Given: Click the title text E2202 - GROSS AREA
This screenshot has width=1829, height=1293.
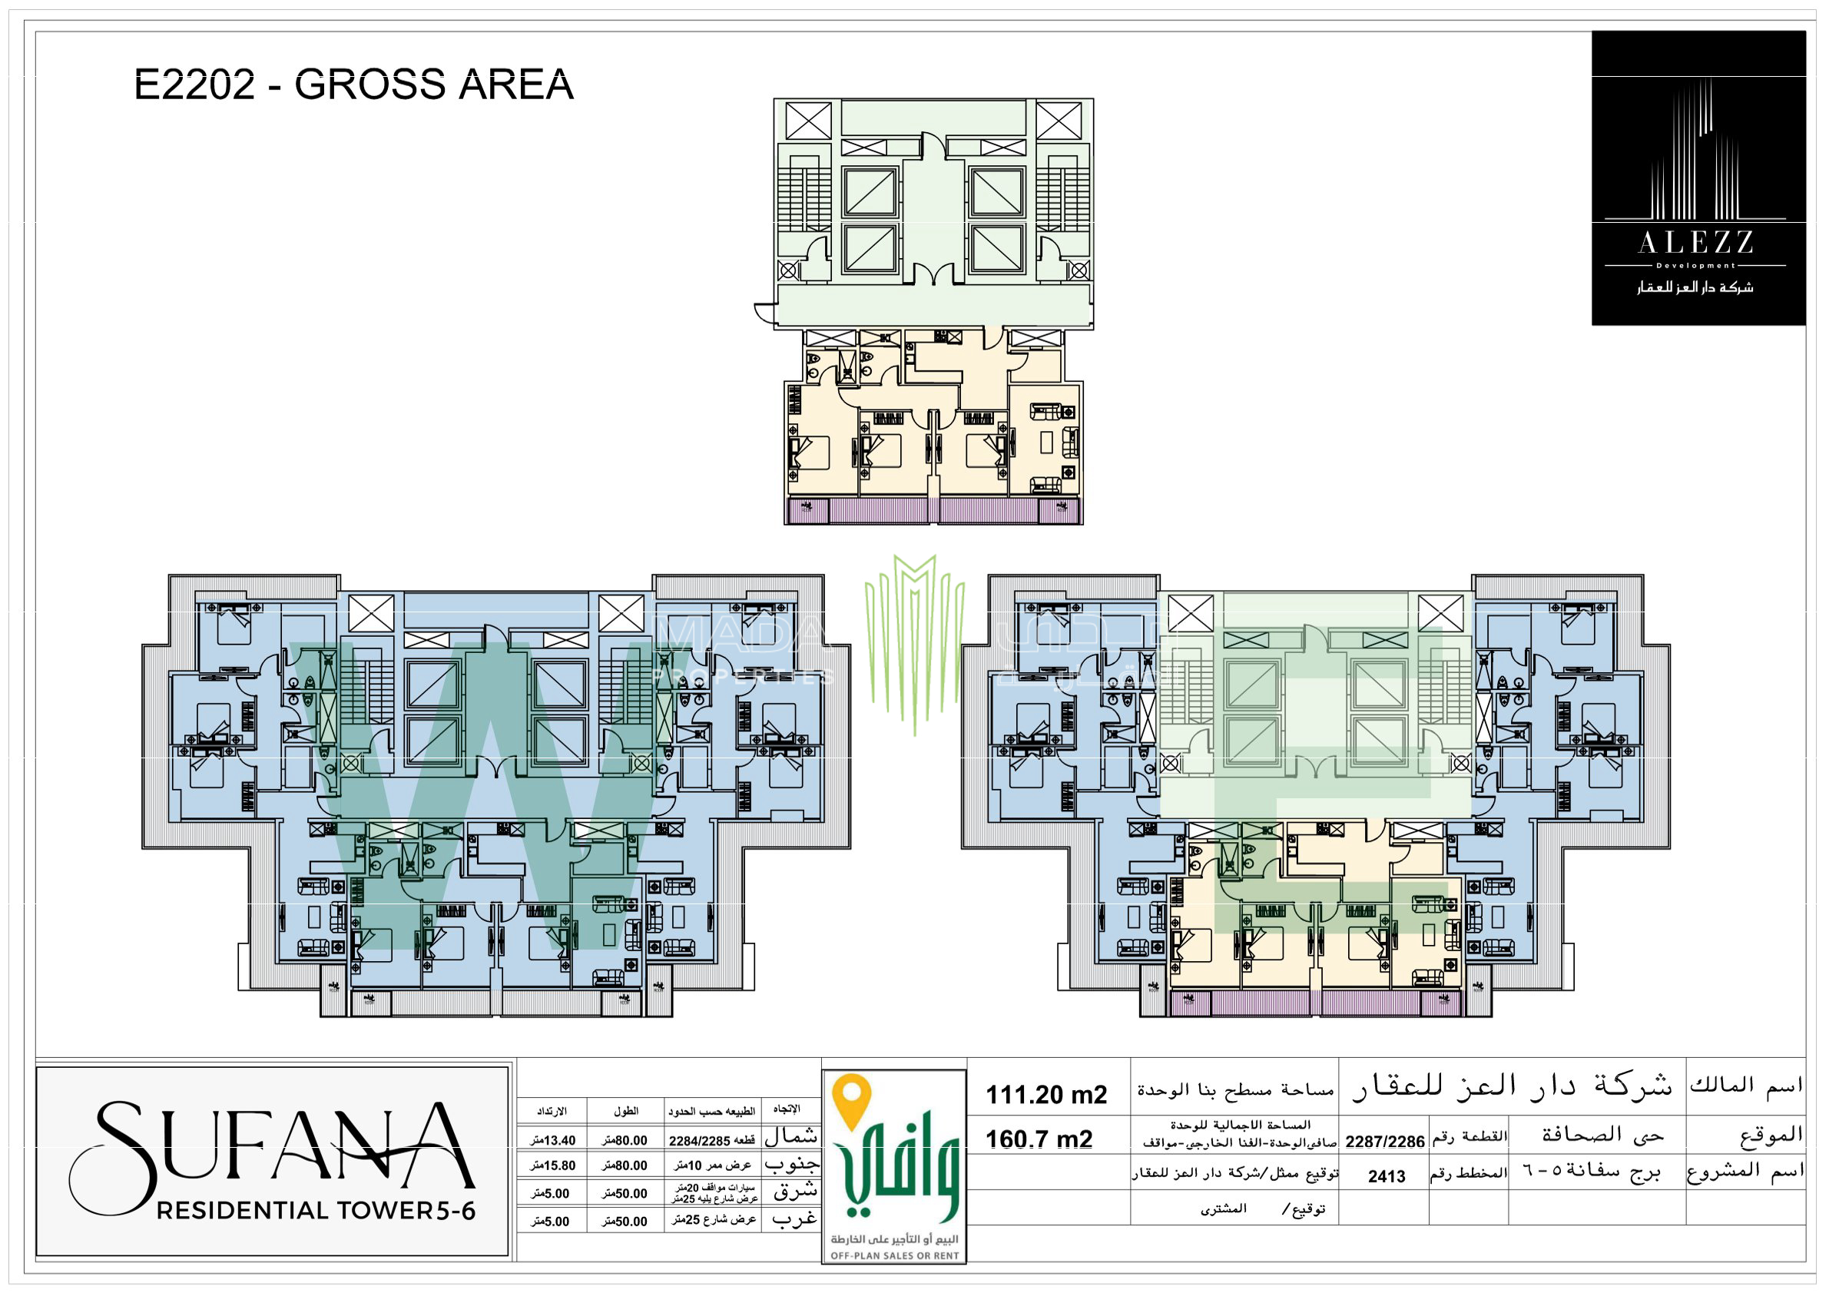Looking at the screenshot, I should point(353,85).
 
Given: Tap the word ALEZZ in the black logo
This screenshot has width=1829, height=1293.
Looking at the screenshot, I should point(1696,243).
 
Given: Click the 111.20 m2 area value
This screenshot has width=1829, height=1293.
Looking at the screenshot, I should point(1046,1095).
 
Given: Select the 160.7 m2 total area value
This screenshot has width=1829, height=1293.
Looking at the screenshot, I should point(1038,1139).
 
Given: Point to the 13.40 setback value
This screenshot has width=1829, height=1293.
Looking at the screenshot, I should point(553,1141).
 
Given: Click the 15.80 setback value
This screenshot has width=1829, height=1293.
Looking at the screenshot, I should point(553,1165).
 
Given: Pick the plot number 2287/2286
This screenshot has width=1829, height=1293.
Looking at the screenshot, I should point(1384,1142).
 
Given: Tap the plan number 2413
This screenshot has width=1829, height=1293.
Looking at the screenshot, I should point(1386,1177).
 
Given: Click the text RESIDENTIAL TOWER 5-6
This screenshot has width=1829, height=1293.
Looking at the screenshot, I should point(316,1211).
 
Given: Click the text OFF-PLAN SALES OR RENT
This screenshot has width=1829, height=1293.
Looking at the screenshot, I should point(895,1256).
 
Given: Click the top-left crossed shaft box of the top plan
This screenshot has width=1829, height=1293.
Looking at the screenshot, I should point(808,122).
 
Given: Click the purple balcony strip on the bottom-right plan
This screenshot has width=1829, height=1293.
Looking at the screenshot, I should point(1315,1003).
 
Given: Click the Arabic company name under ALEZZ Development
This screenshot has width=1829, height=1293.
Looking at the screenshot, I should point(1695,287).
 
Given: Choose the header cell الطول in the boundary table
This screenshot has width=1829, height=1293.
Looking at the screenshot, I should point(625,1111).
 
